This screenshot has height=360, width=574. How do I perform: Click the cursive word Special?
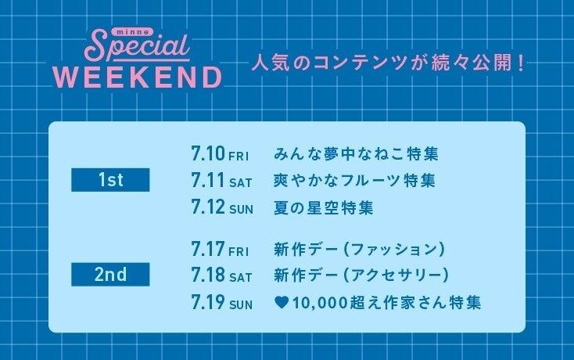pos(137,47)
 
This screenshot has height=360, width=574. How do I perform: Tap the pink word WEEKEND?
pos(138,77)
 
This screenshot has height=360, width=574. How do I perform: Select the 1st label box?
pos(110,180)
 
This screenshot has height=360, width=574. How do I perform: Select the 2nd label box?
pos(110,274)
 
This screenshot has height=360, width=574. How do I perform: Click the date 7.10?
pos(208,153)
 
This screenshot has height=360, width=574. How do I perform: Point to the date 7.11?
pos(207,180)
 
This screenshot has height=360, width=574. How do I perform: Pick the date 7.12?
pos(208,207)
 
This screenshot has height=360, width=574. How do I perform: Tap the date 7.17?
pos(208,249)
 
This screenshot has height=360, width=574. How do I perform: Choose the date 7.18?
pos(208,274)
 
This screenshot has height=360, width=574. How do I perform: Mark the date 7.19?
pos(208,302)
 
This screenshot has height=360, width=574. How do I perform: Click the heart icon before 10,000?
pos(282,303)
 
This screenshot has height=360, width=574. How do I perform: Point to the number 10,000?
pos(320,303)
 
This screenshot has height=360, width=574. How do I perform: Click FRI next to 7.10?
pos(239,157)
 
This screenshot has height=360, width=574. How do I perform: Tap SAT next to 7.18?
pos(241,278)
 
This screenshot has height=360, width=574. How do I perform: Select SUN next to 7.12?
pos(241,210)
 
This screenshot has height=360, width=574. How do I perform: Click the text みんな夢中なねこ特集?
pos(356,153)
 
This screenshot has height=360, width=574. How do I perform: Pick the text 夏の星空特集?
pos(324,207)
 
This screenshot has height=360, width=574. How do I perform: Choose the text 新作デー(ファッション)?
pos(360,250)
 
